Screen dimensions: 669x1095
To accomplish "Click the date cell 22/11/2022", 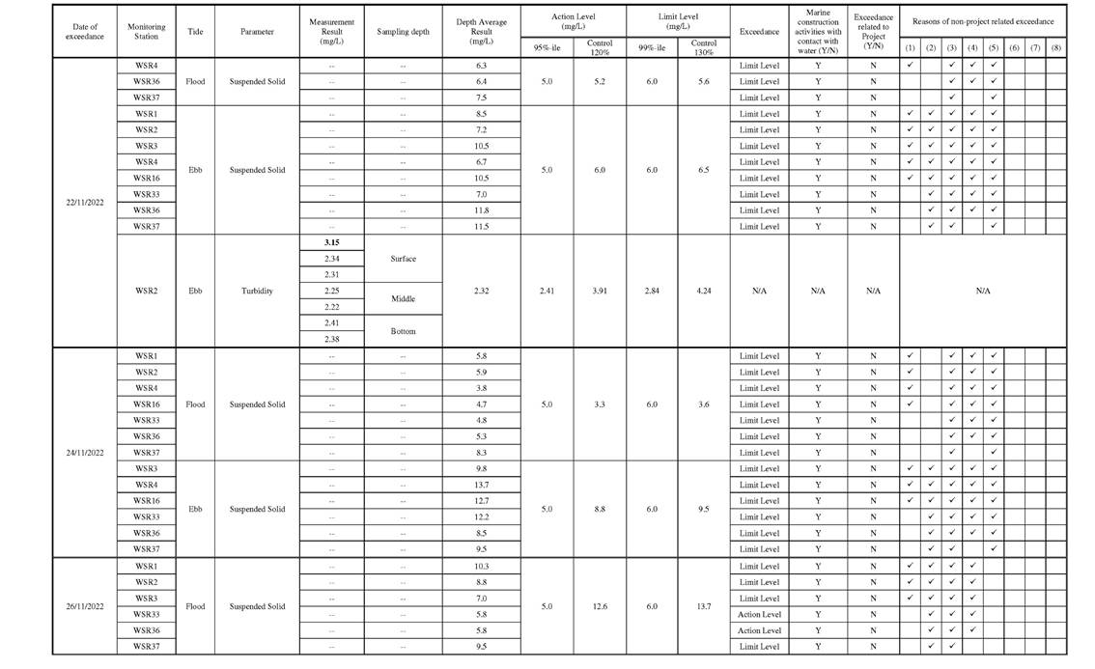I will coord(84,202).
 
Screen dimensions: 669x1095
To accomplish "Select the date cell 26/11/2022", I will coord(84,606).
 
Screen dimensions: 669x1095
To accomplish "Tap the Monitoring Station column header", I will coord(147,31).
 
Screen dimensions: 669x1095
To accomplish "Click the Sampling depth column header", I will coord(403,31).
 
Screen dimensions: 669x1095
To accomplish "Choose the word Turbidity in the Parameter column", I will coord(257,291).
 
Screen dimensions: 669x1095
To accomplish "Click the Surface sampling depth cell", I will coord(403,259).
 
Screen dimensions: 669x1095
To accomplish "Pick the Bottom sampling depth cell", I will coord(403,331).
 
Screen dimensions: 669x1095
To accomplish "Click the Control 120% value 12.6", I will coord(599,606).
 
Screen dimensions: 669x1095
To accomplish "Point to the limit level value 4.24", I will coord(703,291).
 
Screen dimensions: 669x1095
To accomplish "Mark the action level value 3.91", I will coord(599,291).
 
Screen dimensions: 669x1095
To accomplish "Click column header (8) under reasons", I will coord(1055,47).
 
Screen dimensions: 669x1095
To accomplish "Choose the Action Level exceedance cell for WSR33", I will coord(759,614).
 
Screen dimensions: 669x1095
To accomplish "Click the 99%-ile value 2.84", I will coord(652,291).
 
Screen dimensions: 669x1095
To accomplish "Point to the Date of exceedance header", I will coord(84,31).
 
